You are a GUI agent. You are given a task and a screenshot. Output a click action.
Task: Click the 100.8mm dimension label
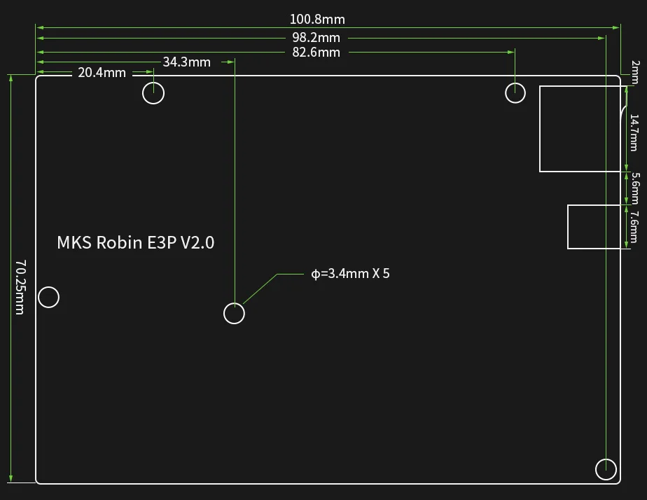point(317,20)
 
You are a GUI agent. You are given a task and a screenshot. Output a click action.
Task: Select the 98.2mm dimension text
point(316,37)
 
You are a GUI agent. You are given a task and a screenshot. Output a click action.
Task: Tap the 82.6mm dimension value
point(316,53)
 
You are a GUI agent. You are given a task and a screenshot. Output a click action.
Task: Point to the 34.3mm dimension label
point(186,62)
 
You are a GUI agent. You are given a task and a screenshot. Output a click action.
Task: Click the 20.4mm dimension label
point(102,72)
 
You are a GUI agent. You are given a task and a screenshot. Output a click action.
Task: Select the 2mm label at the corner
point(634,69)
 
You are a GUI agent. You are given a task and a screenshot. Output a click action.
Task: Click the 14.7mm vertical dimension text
point(634,132)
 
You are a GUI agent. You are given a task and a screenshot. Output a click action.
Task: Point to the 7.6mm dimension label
point(634,226)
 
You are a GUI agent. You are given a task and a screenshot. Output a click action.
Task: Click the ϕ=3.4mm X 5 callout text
point(350,273)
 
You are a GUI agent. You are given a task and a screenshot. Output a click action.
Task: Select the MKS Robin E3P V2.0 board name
point(135,243)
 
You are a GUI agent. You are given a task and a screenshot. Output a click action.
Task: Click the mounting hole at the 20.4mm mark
point(153,92)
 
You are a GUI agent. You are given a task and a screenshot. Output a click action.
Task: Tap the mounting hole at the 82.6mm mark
point(515,92)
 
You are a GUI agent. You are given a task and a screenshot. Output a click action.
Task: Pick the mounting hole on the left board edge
point(48,297)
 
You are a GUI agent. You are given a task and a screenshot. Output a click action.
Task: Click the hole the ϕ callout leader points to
point(234,313)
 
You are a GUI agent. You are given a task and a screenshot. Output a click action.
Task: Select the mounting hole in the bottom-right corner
point(606,469)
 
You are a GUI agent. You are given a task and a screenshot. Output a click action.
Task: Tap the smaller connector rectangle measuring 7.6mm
point(594,226)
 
